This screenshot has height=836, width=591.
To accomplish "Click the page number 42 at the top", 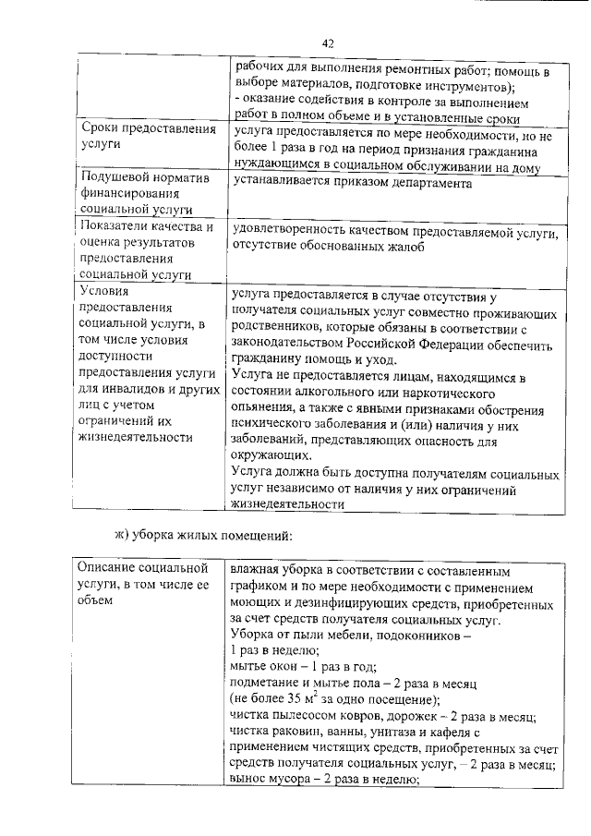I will click(x=327, y=42).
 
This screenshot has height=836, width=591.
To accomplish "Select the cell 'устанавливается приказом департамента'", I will click(x=352, y=183).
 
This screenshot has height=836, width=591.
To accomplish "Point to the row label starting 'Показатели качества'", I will click(x=148, y=250).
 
